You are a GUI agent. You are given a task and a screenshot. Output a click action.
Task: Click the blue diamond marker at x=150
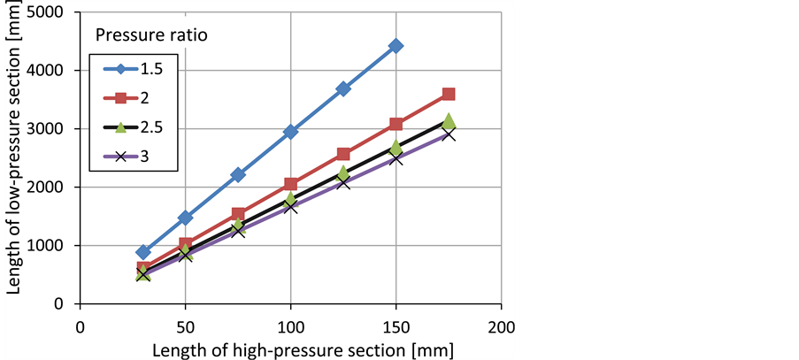click(x=396, y=46)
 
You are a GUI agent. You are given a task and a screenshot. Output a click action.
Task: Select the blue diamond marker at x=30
click(x=143, y=252)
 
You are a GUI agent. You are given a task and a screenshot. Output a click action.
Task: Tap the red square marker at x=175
click(x=449, y=95)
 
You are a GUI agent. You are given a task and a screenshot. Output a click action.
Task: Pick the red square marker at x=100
click(x=290, y=185)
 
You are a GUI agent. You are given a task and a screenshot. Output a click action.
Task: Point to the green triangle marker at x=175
click(x=449, y=120)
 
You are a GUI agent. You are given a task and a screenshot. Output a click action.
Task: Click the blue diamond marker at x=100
click(x=290, y=132)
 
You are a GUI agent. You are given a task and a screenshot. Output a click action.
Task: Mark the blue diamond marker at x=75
click(x=238, y=175)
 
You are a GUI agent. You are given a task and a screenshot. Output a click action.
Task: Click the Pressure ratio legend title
click(x=152, y=35)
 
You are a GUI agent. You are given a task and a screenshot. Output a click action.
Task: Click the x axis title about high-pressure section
click(x=290, y=348)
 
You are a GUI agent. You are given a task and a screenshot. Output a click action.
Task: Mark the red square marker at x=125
click(x=343, y=155)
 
